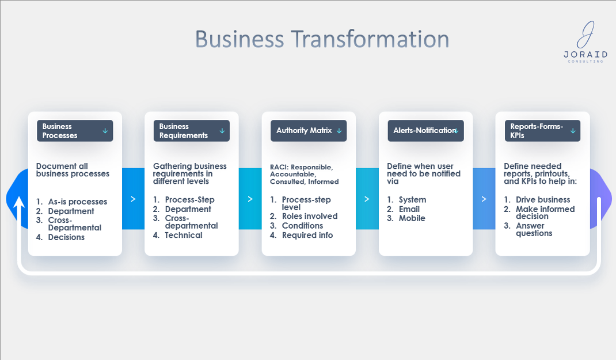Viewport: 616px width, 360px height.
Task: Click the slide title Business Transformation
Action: (x=322, y=39)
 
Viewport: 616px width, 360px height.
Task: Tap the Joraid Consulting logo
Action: (x=585, y=42)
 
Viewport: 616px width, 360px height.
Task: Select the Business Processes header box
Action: (x=75, y=131)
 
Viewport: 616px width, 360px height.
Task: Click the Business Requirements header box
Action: (x=192, y=131)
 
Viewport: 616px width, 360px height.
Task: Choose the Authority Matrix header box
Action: (x=309, y=131)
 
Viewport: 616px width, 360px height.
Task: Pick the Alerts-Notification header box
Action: (x=426, y=131)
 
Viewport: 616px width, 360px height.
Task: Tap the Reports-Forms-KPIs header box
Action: (x=542, y=131)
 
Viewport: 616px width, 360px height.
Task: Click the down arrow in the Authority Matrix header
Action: (x=339, y=131)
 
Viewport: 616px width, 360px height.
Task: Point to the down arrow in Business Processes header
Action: (x=105, y=131)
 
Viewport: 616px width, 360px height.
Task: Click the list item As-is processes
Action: (x=77, y=202)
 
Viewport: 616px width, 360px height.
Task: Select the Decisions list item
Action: (x=66, y=237)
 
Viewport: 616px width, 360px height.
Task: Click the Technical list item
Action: (x=184, y=235)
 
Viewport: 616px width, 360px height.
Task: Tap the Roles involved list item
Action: (x=310, y=216)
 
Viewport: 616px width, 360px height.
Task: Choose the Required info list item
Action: (x=307, y=235)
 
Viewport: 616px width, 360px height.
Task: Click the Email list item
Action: (x=409, y=209)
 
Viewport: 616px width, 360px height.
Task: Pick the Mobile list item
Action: (x=412, y=218)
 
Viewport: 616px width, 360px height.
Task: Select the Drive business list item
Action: (x=542, y=200)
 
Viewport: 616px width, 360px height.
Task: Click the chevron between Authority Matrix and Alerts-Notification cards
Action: (x=367, y=199)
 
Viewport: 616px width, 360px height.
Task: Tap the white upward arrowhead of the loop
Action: (x=19, y=202)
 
